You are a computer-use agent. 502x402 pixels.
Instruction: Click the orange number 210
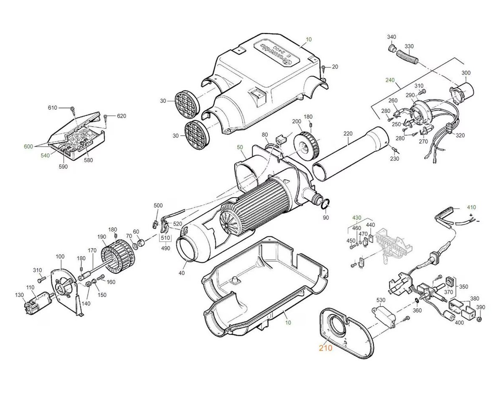tap(325, 348)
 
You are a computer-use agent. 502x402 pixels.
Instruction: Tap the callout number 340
tap(391, 37)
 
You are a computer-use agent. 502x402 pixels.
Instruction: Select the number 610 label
tap(52, 108)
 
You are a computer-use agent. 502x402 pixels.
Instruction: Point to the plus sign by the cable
tap(471, 215)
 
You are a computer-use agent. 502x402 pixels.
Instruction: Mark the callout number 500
tap(158, 206)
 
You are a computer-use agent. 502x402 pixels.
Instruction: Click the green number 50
tap(240, 148)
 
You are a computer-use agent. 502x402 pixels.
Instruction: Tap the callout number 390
tap(481, 307)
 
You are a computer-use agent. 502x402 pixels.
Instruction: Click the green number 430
tap(356, 218)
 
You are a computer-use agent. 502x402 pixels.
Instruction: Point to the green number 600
tap(28, 146)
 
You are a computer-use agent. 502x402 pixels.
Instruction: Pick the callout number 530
tap(381, 300)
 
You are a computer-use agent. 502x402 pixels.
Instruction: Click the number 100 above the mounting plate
tap(60, 256)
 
